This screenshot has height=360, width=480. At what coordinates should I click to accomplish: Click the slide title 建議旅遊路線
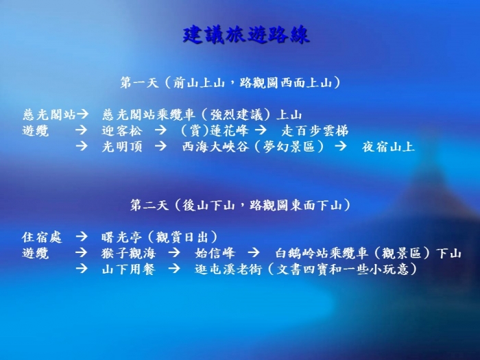[x=246, y=35]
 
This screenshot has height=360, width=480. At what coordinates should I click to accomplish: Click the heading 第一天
[x=139, y=83]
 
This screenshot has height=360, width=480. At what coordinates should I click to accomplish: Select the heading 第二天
[x=149, y=205]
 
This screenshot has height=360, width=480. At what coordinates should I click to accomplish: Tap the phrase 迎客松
[x=122, y=131]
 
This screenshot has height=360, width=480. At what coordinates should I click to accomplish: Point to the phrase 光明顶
[x=122, y=147]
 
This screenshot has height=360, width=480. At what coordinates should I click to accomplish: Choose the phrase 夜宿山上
[x=388, y=147]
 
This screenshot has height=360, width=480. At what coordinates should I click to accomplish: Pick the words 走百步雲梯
[x=315, y=131]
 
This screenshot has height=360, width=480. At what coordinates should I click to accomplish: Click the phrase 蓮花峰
[x=229, y=131]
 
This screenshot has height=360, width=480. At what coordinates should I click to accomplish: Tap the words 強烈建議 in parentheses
[x=237, y=115]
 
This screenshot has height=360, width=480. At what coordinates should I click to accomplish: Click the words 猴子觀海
[x=129, y=253]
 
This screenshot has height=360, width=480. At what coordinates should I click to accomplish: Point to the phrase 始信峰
[x=215, y=253]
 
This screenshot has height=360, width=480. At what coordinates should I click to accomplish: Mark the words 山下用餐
[x=129, y=269]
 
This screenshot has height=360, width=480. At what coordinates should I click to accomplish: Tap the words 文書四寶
[x=303, y=269]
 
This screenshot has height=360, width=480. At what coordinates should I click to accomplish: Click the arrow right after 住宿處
[x=82, y=237]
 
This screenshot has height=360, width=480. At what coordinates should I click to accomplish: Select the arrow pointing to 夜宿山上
[x=341, y=146]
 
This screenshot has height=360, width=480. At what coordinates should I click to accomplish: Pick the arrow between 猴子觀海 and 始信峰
[x=174, y=252]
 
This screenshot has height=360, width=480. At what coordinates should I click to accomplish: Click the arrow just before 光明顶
[x=82, y=146]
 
